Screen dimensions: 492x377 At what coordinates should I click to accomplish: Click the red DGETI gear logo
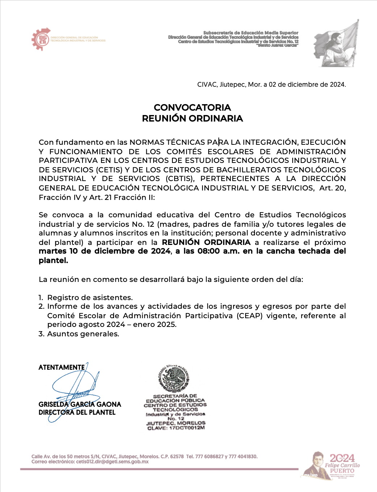coord(40,39)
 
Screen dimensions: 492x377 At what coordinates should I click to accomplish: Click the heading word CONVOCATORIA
coord(192,107)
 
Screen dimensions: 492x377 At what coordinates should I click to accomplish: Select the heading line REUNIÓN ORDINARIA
coord(192,118)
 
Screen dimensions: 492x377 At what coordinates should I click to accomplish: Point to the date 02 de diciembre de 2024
coord(307,85)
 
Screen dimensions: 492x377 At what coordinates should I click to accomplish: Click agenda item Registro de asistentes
coord(90,298)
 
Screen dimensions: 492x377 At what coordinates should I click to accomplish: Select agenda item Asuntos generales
coord(83,334)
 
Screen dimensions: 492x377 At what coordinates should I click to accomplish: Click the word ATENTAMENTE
coord(62,367)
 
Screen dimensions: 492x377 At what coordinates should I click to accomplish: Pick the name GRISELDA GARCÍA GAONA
coord(80,404)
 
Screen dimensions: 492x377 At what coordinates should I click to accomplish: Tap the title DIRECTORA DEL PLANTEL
coord(77,413)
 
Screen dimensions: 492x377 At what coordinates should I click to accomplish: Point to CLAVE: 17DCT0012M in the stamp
coord(176,428)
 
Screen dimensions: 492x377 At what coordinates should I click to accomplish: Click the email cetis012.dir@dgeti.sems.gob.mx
coord(112,462)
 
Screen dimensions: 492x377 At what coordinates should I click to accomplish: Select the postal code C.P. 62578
coord(172,456)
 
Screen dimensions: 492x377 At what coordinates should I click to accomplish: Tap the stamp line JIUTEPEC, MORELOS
coord(176,423)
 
